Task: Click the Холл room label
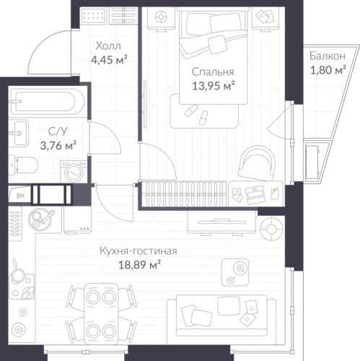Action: pyautogui.click(x=108, y=45)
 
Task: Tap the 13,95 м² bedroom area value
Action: pyautogui.click(x=214, y=86)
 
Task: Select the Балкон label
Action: pyautogui.click(x=328, y=56)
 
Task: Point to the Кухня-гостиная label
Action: pyautogui.click(x=139, y=251)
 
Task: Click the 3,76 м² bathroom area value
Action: pyautogui.click(x=58, y=145)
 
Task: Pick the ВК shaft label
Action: pyautogui.click(x=21, y=196)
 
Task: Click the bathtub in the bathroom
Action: pyautogui.click(x=47, y=102)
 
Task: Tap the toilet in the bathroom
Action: pyautogui.click(x=23, y=165)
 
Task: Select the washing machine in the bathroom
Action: pyautogui.click(x=74, y=172)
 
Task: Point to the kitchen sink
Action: pyautogui.click(x=40, y=219)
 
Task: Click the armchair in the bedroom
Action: pyautogui.click(x=257, y=163)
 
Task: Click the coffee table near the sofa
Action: pyautogui.click(x=235, y=272)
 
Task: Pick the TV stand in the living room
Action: pyautogui.click(x=221, y=222)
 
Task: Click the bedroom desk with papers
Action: pyautogui.click(x=255, y=193)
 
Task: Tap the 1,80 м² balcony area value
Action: pyautogui.click(x=328, y=70)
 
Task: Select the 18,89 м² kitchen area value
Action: pyautogui.click(x=139, y=265)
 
